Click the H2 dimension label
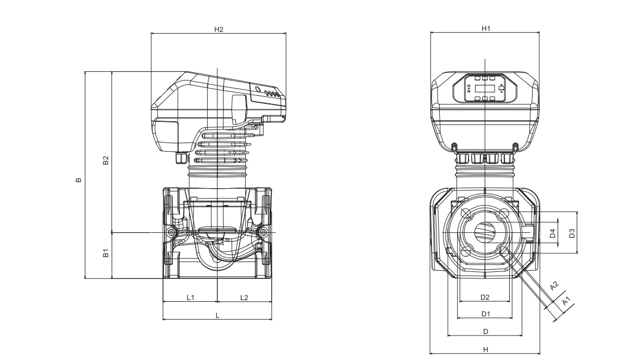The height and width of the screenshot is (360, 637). (218, 29)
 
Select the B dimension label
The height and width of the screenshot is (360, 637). (79, 180)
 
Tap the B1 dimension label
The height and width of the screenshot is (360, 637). (107, 253)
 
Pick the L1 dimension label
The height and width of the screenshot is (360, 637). (190, 297)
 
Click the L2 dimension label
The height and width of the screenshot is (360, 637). (244, 297)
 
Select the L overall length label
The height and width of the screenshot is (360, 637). (217, 315)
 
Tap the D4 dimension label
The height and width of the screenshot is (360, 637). (553, 233)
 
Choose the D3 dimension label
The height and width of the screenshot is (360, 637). (572, 233)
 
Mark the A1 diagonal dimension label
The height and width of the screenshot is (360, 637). (566, 300)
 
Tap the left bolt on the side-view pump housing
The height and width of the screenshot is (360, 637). (172, 233)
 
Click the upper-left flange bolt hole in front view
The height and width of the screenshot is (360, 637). (466, 212)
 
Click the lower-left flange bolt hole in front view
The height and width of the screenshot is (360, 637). (466, 251)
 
